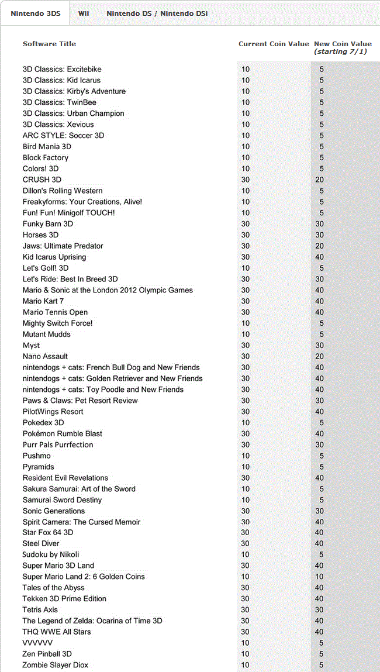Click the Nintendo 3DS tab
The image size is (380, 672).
pos(34,13)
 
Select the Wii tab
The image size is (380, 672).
pos(84,13)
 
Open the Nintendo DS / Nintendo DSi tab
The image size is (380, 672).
pos(157,13)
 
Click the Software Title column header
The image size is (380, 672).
pos(49,44)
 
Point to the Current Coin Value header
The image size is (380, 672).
pos(274,44)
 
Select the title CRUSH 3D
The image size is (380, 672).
pos(42,180)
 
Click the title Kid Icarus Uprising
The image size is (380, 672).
pos(54,257)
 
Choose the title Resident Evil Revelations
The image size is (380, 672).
pos(65,478)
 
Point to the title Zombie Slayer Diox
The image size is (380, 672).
pos(56,665)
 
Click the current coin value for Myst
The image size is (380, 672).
pos(246,346)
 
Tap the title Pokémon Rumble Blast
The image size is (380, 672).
pos(62,433)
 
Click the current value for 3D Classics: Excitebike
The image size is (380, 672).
pos(246,69)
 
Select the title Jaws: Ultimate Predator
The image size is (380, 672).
pos(63,246)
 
